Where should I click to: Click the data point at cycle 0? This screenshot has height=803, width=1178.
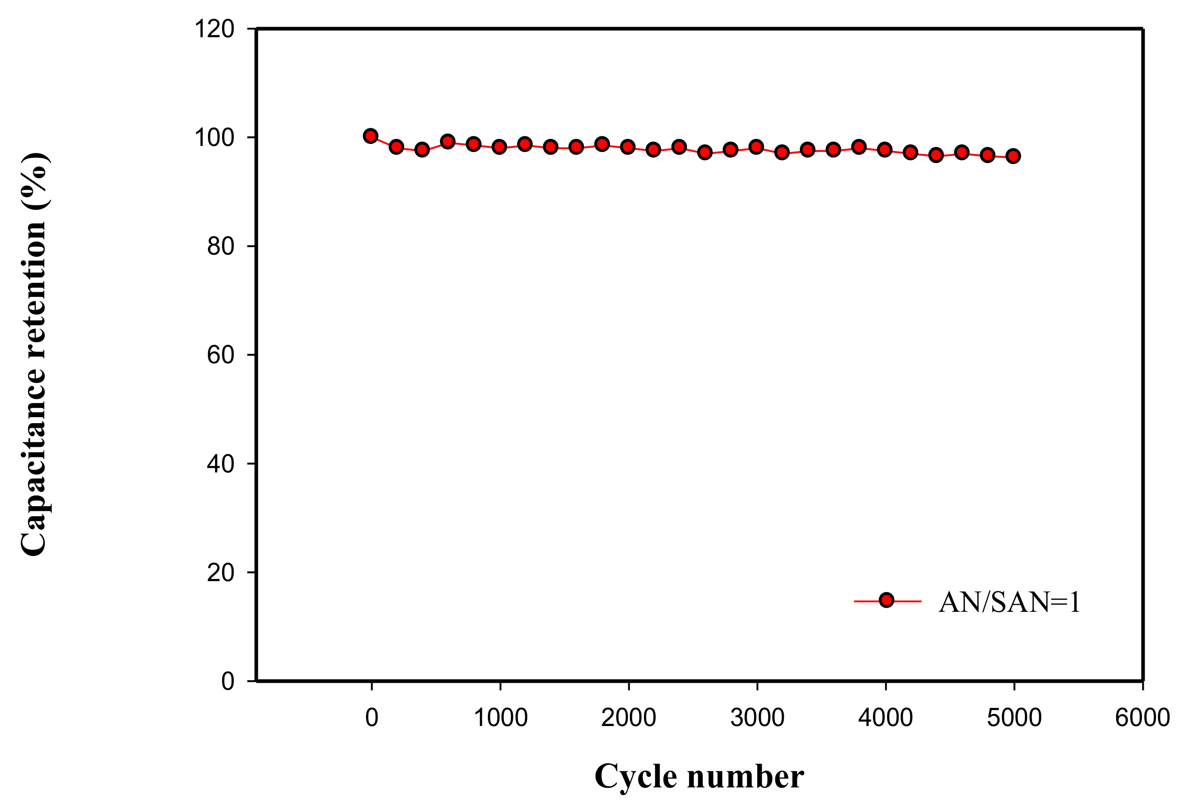pos(371,136)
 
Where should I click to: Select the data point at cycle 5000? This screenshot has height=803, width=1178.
pos(1013,156)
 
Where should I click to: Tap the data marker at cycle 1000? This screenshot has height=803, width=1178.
pos(499,147)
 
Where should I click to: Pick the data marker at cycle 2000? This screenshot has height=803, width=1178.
pos(628,147)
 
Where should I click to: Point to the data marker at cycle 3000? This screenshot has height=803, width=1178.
pos(756,147)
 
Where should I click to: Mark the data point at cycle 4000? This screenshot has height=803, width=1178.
pos(885,149)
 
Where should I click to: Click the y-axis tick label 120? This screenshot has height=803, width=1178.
pos(214,29)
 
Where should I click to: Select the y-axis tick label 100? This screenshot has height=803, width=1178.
pos(214,137)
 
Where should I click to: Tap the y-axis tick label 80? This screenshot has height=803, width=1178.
pos(220,246)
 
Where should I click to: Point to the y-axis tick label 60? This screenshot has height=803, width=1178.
pos(220,355)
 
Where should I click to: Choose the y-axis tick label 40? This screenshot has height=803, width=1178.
pos(220,463)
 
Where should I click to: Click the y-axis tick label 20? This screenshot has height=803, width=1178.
pos(220,573)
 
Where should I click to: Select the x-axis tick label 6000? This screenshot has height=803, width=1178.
pos(1143,718)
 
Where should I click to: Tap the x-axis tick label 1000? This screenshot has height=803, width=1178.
pos(500,718)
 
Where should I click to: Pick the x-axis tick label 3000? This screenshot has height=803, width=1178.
pos(757,718)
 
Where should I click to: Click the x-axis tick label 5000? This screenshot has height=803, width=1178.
pos(1014,718)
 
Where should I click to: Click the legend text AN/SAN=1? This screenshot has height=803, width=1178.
pos(1009,602)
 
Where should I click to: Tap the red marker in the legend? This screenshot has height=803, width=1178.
pos(887,600)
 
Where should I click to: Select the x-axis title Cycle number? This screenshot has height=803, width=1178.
pos(699,776)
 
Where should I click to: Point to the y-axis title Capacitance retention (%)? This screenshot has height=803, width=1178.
pos(34,355)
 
